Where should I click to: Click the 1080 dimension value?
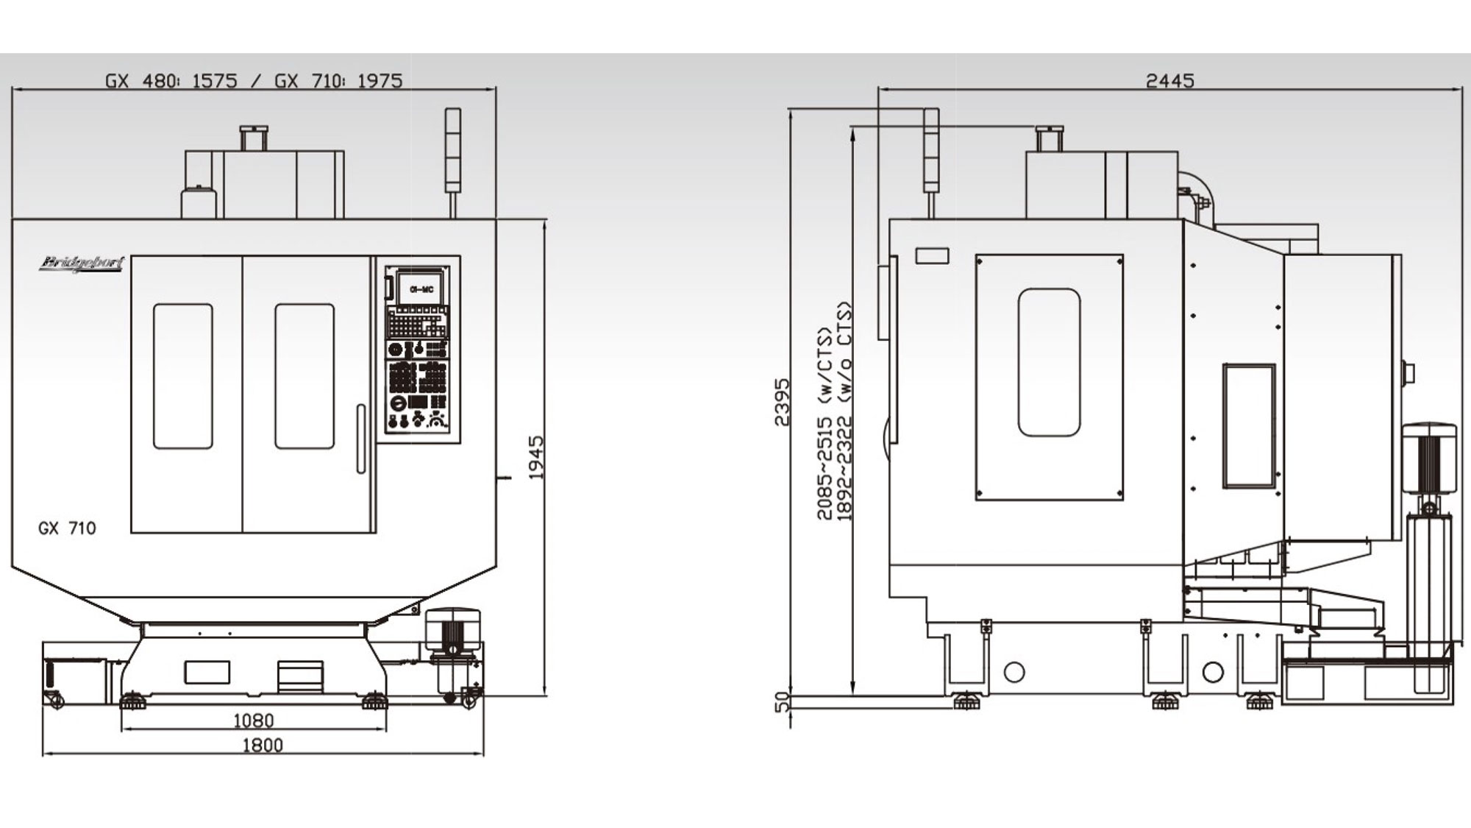click(x=253, y=721)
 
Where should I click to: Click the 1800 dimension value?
click(x=263, y=746)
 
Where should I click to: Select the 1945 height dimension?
click(x=536, y=457)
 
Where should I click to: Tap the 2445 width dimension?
click(x=1169, y=80)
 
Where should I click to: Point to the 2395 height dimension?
click(x=781, y=402)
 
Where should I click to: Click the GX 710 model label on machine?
click(x=67, y=528)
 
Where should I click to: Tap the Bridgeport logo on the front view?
click(x=82, y=263)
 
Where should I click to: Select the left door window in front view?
click(x=182, y=376)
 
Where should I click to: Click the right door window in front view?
click(x=304, y=376)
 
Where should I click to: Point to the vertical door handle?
click(x=360, y=439)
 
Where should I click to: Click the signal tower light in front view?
click(x=453, y=151)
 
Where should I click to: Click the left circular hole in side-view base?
click(x=1014, y=672)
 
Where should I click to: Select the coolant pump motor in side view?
click(x=1428, y=460)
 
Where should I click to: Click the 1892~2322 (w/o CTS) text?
click(x=844, y=412)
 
